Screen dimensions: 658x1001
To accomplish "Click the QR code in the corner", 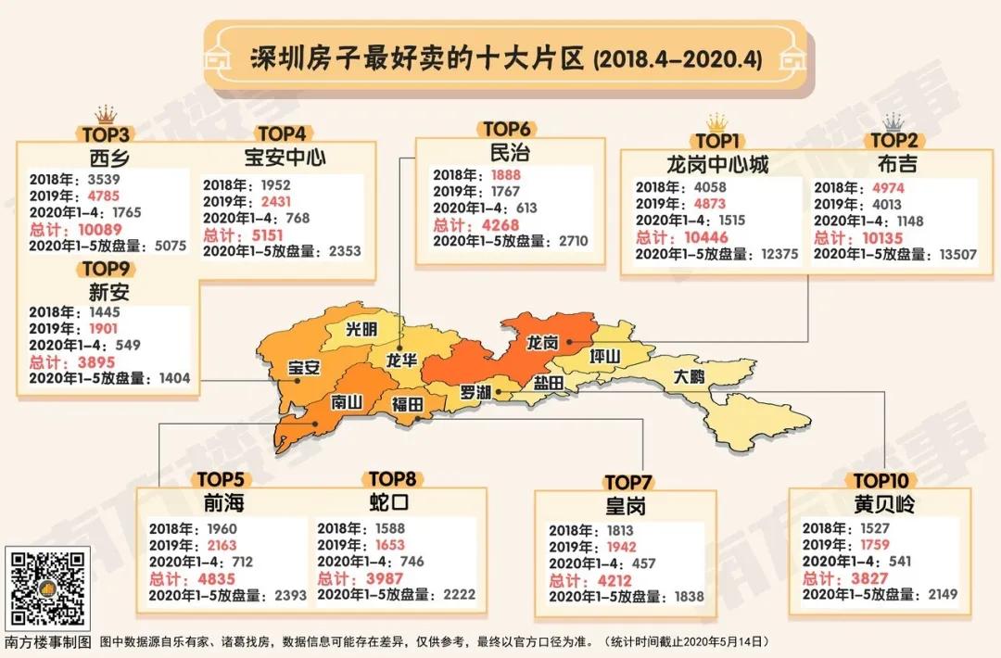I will pos(48,588).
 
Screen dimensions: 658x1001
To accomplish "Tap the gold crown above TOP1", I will pos(716,122).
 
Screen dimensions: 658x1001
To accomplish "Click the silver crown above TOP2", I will pos(893,122).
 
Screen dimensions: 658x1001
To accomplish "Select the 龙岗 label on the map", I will pos(542,342).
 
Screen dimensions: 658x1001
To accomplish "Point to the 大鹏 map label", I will pos(689,376).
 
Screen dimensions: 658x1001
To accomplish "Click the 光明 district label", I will pos(361,329).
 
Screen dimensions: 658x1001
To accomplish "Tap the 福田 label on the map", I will pos(407,405).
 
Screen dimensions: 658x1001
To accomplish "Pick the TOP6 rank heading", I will pos(506,130).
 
